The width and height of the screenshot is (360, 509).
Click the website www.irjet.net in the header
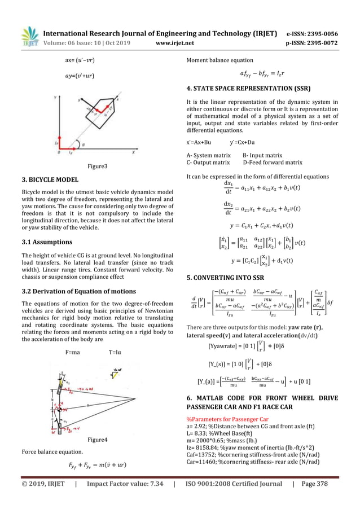180,41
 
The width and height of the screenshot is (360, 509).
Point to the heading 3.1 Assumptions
47,242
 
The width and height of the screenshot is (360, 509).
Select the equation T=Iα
118,350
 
